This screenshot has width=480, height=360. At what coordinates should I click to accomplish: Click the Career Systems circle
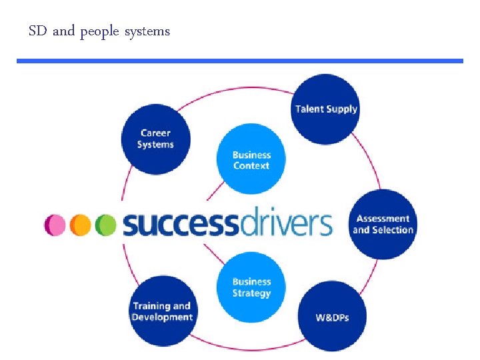point(155,139)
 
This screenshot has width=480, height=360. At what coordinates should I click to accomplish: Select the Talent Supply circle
point(326,109)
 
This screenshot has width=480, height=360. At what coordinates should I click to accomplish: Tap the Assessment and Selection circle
point(383,225)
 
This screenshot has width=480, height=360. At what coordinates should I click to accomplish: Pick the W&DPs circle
point(332,317)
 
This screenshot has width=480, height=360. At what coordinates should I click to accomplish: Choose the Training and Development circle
point(162,311)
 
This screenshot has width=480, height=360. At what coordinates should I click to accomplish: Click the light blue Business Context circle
point(251,160)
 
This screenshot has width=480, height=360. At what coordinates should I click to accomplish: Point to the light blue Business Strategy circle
point(251,287)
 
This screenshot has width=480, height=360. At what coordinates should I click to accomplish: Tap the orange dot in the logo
point(80,225)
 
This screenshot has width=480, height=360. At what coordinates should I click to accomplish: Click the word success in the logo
point(179,225)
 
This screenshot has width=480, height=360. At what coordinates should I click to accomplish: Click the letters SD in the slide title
point(38,31)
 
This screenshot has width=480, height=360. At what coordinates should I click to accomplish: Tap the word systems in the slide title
point(147,32)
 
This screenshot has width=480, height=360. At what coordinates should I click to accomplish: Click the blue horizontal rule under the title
point(240,61)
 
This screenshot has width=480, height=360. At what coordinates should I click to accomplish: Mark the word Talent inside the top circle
point(310,109)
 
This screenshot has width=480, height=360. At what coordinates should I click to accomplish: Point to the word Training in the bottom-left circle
point(152,306)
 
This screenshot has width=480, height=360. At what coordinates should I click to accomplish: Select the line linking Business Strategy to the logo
point(213,253)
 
